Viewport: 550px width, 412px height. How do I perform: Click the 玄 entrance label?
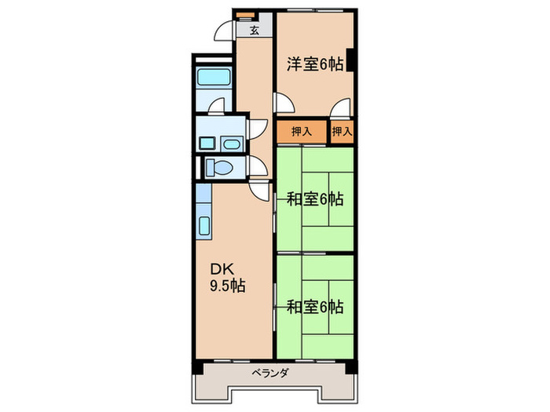click(x=255, y=32)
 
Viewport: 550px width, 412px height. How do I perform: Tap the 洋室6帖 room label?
click(x=313, y=65)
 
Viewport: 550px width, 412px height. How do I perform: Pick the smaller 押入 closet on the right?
click(x=342, y=132)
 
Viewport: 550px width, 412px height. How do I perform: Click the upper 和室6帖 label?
click(x=313, y=199)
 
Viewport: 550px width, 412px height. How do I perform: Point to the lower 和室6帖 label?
click(x=313, y=305)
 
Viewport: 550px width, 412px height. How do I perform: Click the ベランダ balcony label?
click(x=273, y=374)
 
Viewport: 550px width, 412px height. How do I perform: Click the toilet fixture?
click(x=217, y=167)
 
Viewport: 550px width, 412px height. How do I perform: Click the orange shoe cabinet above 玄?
click(x=244, y=16)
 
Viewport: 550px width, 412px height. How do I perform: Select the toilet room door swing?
click(x=256, y=166)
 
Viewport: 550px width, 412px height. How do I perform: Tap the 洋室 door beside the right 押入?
click(x=339, y=109)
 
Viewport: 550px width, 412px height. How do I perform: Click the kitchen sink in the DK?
click(x=203, y=226)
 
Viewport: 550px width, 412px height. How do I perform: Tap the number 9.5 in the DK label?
click(x=219, y=286)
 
